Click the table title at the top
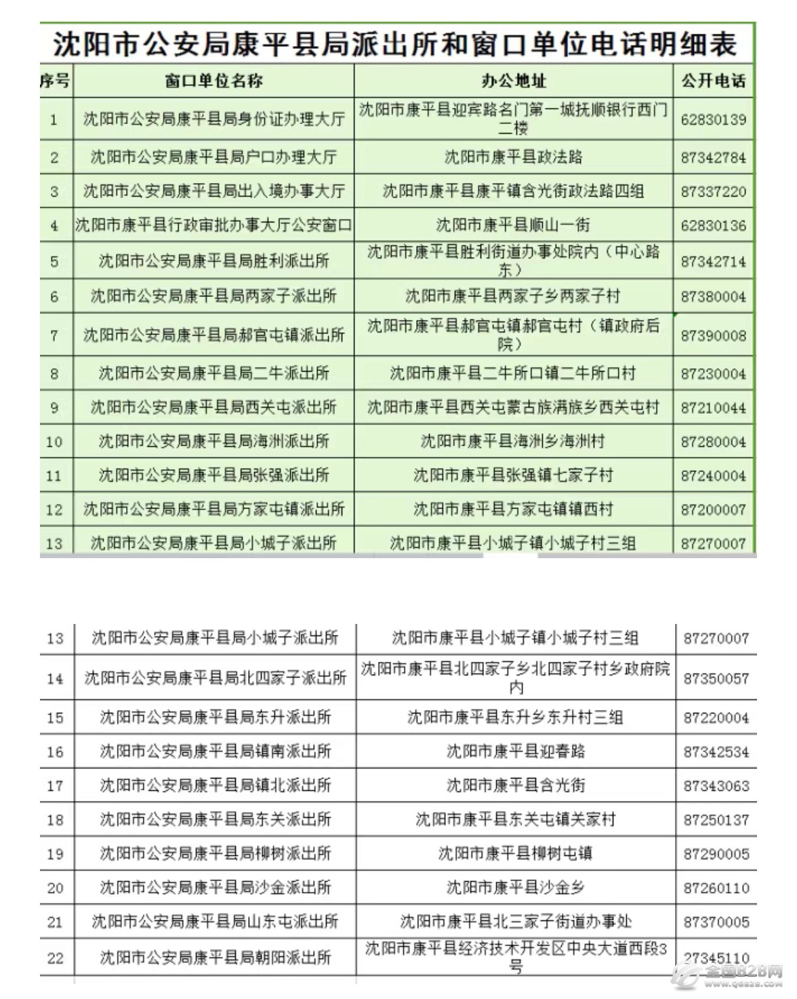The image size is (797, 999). coord(395,45)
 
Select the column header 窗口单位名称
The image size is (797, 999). coord(213,81)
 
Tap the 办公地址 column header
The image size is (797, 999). coord(514,81)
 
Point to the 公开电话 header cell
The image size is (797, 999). coord(714,81)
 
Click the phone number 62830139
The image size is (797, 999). coord(714,120)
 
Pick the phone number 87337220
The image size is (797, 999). coord(714,192)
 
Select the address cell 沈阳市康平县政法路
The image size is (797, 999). coord(514,157)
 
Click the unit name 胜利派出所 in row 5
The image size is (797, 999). coord(213,261)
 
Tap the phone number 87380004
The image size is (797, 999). coord(714,296)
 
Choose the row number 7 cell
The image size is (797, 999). coord(54,335)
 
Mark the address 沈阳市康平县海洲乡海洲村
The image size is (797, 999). coord(513,442)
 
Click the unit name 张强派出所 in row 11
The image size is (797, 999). coord(213,475)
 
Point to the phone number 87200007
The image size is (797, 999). coord(714,509)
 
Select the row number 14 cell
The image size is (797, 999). coord(55,678)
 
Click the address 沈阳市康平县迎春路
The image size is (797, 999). coord(516,751)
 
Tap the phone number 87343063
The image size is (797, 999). coord(716,786)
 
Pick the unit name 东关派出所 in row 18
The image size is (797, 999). coord(216,819)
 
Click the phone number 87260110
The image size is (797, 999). coord(716,888)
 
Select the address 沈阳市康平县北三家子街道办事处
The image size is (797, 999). coord(516,922)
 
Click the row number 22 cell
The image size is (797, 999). coord(55,958)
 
